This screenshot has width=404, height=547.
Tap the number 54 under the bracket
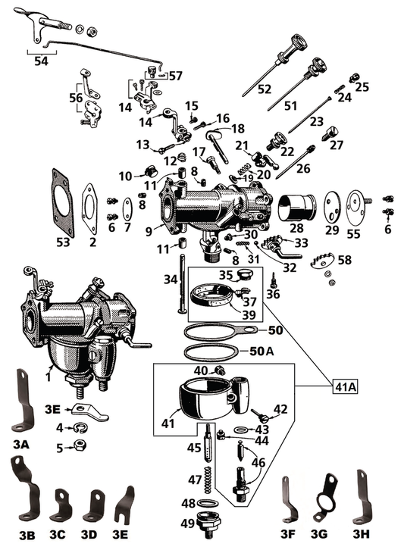pos(41,61)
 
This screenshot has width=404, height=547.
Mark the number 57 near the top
pos(175,76)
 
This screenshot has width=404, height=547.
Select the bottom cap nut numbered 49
pos(206,523)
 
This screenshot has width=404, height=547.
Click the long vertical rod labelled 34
pos(183,284)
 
